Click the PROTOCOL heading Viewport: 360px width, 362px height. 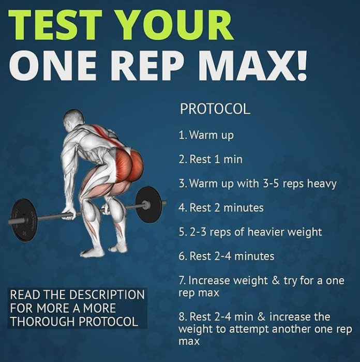click(215, 109)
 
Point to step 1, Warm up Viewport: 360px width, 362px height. click(206, 135)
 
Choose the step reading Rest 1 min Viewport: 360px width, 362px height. click(210, 159)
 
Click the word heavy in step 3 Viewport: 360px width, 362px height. click(322, 184)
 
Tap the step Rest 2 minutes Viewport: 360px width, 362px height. click(221, 208)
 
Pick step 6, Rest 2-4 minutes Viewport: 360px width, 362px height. click(226, 256)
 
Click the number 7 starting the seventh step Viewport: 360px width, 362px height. click(182, 281)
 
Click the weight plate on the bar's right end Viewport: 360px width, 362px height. click(151, 204)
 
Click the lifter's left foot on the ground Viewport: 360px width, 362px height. click(94, 252)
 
